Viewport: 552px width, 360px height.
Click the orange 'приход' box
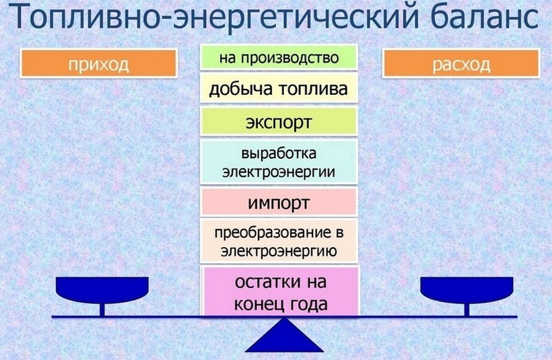point(98,63)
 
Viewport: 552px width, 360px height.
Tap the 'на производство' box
point(278,57)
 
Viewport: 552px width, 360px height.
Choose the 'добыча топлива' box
point(278,89)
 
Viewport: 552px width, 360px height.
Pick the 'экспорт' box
point(278,123)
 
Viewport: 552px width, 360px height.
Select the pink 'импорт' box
point(278,202)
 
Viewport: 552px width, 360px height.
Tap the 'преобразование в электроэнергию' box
point(278,243)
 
